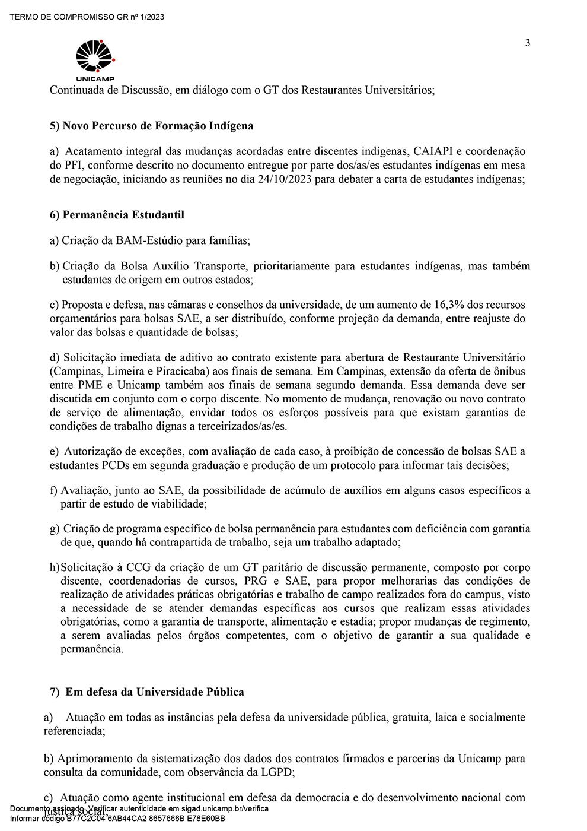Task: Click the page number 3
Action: [527, 43]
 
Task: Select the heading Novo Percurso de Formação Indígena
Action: [158, 126]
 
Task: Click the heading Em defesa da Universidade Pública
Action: [154, 692]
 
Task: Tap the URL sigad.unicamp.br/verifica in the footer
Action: [222, 809]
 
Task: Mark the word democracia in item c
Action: [333, 798]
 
